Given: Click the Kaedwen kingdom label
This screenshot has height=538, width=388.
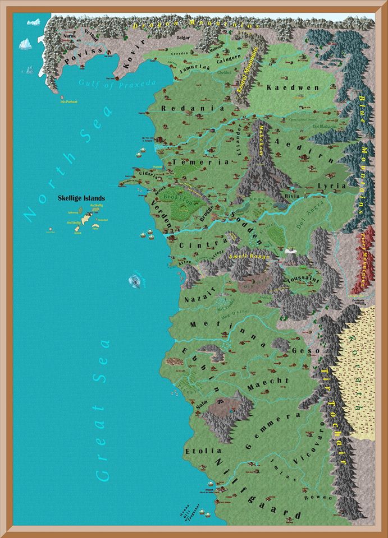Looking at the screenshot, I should coord(285,88).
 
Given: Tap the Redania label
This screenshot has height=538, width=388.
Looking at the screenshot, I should coord(185,108).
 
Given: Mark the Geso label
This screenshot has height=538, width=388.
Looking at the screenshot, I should coord(306,350).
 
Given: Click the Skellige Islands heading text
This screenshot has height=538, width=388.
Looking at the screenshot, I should coord(81,198).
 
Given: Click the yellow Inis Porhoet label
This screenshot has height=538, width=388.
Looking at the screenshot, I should coord(68,102).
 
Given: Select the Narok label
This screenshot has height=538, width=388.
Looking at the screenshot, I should coord(69,35).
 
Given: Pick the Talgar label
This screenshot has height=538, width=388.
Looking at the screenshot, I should coord(168,38).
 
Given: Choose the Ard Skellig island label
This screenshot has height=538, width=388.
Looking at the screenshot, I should coord(74,222).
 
